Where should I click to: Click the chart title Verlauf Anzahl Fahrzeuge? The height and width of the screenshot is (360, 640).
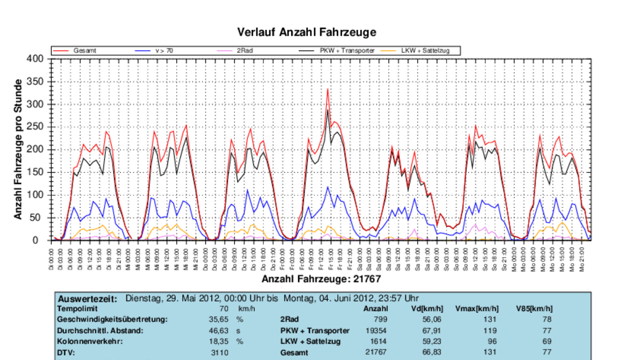[306, 33]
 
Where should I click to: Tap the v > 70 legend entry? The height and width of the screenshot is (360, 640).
[164, 50]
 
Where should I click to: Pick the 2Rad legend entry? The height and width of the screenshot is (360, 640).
[246, 50]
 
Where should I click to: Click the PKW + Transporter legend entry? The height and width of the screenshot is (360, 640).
[347, 50]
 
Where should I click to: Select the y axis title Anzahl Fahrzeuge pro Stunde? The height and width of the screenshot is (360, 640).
[18, 149]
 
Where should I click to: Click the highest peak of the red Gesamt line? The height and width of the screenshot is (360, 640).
[327, 89]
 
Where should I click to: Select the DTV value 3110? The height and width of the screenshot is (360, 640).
[219, 353]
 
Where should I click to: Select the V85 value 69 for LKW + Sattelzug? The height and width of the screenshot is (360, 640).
[547, 341]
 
